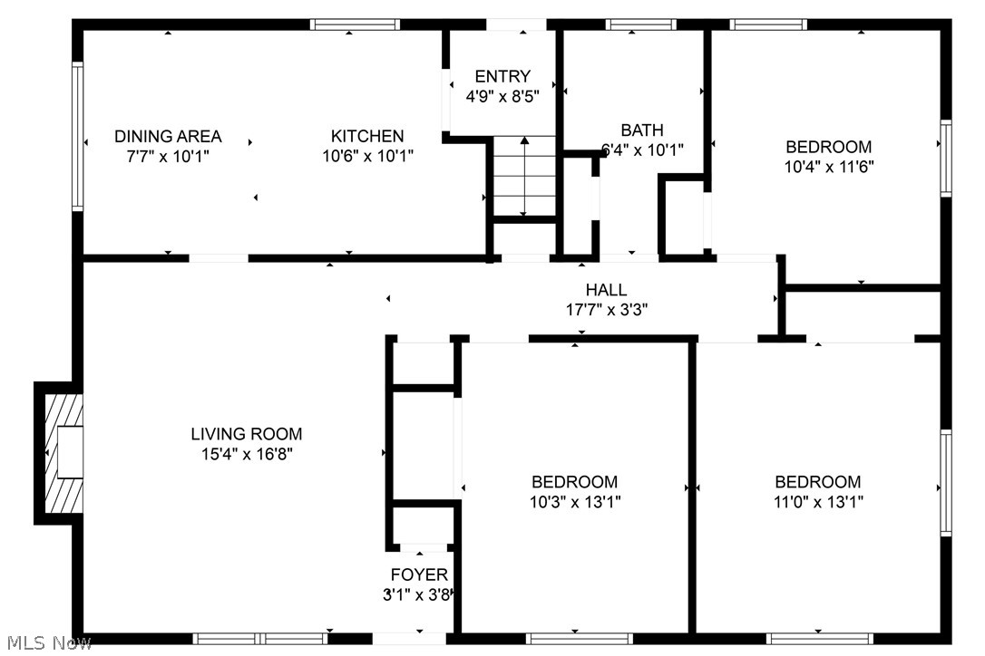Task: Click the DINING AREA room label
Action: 168,136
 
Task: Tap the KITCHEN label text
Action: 367,136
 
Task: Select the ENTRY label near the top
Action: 502,76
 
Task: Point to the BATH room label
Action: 642,130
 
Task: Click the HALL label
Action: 606,290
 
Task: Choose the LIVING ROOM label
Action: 246,434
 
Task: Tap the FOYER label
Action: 419,574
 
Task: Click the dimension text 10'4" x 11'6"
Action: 829,167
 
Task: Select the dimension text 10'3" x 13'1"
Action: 575,502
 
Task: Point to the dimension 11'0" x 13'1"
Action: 817,502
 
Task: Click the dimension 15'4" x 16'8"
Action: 246,454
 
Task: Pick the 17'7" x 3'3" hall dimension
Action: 606,309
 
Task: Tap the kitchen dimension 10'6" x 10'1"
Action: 367,156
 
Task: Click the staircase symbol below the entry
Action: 523,177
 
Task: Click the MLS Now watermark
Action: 46,643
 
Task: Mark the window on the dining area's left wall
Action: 78,136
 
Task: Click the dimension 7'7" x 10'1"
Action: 168,156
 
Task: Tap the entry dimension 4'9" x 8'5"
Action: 502,96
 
